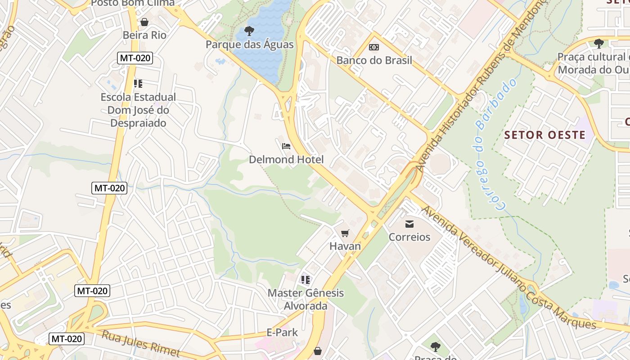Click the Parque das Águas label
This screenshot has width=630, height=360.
point(249,45)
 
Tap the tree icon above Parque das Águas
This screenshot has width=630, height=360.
point(249,31)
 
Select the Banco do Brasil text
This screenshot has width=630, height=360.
point(374,60)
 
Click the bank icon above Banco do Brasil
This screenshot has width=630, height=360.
point(374,47)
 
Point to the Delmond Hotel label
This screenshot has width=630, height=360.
point(286,159)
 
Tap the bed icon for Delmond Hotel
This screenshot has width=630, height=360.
point(286,146)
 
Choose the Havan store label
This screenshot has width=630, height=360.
point(345,246)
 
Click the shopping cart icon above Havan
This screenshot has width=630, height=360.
point(345,233)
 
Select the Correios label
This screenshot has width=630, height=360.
point(409,237)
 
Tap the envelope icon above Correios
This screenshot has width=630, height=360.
point(409,224)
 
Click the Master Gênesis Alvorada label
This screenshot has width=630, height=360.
point(306,299)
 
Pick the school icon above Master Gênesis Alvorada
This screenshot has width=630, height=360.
point(306,280)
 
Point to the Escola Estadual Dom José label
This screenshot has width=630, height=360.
point(138,110)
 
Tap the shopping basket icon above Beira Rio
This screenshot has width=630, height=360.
point(144,22)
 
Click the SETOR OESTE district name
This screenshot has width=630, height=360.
point(545,135)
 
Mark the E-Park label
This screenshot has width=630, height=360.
point(283,333)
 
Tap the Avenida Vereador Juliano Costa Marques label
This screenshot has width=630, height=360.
point(509,270)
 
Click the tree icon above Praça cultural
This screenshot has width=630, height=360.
point(598,44)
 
